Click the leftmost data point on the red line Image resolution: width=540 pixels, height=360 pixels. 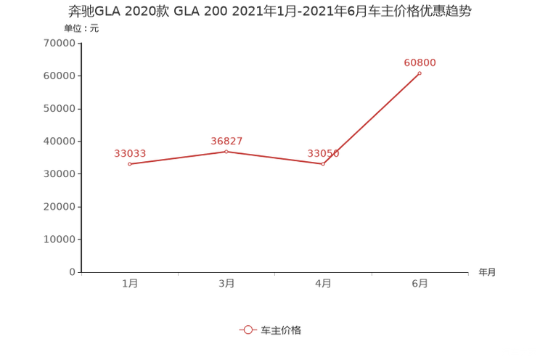coord(129,164)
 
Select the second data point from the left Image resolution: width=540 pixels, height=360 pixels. coord(227,151)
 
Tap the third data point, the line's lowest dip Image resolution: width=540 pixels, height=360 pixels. coord(324,164)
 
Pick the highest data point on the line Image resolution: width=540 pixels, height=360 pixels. coord(420,73)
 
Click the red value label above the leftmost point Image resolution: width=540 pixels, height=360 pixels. coord(130,153)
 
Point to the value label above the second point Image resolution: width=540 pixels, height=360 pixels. coord(226,140)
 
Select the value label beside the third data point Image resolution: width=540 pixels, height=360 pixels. coord(324,153)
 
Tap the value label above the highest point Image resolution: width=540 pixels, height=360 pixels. coord(420,62)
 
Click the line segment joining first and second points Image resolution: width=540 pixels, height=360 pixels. coord(178,157)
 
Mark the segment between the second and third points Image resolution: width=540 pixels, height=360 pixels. coord(276,157)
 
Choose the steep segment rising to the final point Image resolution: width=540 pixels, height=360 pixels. coord(372,118)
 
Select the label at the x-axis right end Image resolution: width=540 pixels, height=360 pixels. coord(487,273)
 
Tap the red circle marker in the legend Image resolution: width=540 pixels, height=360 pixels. coord(248,330)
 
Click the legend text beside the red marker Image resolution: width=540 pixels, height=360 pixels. coord(280,330)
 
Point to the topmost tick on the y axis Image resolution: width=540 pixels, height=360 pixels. coord(79,43)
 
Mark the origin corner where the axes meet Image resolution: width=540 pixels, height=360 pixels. coord(80,273)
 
